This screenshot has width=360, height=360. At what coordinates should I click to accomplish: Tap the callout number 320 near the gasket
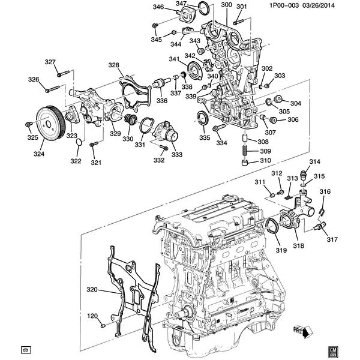point(92,290)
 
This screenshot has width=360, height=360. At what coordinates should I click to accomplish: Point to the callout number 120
point(92,316)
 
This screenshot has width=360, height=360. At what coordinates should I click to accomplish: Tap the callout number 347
point(182,4)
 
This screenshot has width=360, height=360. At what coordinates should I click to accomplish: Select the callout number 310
point(265,161)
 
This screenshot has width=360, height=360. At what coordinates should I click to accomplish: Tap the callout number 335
point(205,137)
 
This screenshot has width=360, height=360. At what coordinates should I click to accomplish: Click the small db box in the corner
point(25,350)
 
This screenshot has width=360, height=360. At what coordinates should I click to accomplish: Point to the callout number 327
point(50,62)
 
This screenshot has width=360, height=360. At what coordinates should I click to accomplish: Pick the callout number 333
point(176,154)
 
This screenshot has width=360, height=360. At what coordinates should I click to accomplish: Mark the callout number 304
point(296,103)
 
